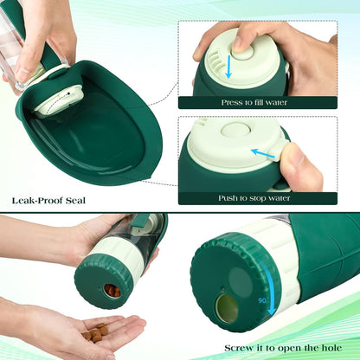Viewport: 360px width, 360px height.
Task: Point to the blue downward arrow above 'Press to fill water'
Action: point(229,66)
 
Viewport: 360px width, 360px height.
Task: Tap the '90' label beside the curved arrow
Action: point(261,300)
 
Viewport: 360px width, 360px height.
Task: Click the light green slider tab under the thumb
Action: point(275,155)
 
